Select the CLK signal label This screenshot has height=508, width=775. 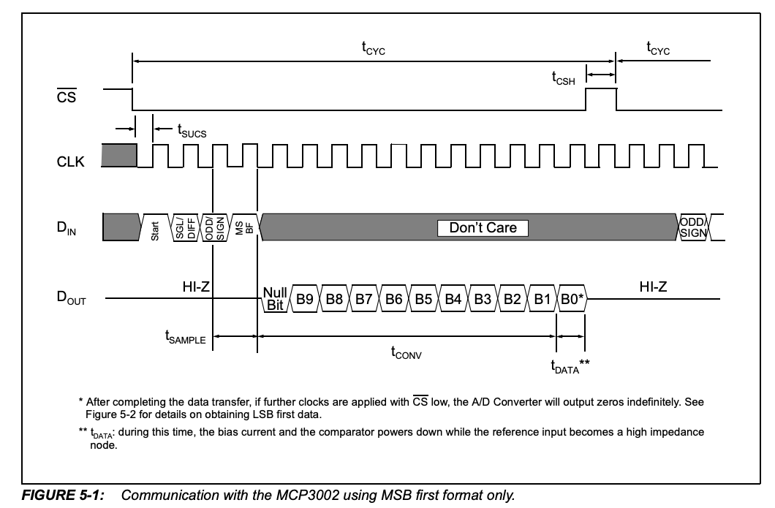[x=71, y=162]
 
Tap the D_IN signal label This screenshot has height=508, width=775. [x=67, y=230]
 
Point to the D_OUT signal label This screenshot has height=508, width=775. [x=72, y=298]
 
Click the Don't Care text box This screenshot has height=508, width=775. [x=483, y=228]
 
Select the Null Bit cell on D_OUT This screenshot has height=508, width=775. [x=275, y=299]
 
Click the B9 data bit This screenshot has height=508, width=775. [x=305, y=299]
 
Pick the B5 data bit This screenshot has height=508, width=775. [x=423, y=299]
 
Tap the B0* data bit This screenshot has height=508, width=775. [x=571, y=299]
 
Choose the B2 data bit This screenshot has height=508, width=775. [x=512, y=299]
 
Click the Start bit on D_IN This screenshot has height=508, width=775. [x=155, y=227]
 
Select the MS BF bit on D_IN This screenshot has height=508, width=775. [x=244, y=227]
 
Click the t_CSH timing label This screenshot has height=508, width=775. [x=564, y=77]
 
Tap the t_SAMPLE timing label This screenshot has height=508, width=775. [x=185, y=338]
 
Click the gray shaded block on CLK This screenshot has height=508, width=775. [x=119, y=155]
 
